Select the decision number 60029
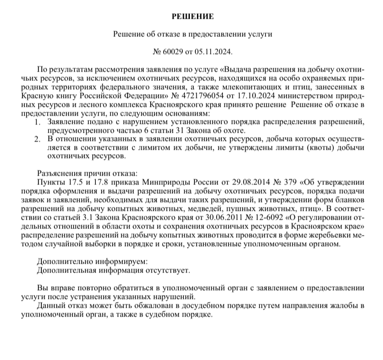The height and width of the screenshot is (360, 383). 175,52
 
